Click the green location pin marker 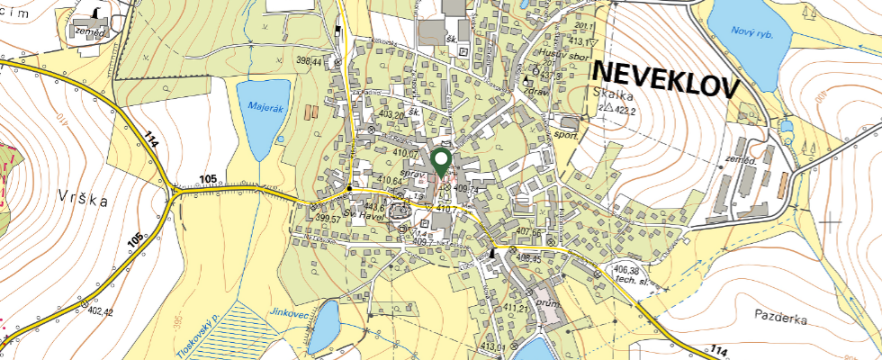[441, 161]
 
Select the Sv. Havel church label [365, 216]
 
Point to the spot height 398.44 [309, 61]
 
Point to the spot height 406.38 [625, 269]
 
